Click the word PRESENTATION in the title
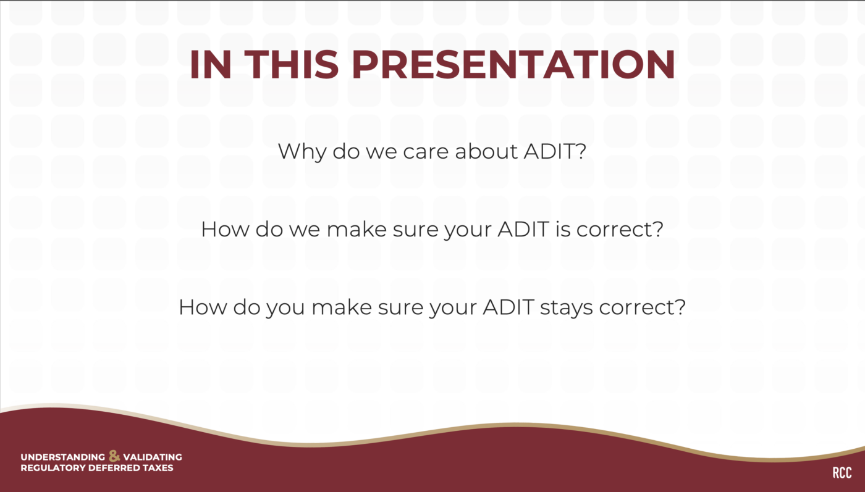click(x=513, y=64)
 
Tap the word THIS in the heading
click(x=292, y=64)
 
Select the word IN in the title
click(x=211, y=64)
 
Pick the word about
click(x=487, y=151)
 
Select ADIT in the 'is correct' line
click(x=523, y=229)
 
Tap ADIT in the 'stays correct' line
click(x=508, y=307)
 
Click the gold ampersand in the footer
click(x=114, y=456)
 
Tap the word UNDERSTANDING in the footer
click(x=62, y=457)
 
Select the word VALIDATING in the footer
click(x=153, y=457)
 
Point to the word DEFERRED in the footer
click(x=114, y=468)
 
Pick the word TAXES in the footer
click(x=158, y=468)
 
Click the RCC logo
click(x=842, y=473)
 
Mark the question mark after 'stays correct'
click(x=681, y=307)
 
